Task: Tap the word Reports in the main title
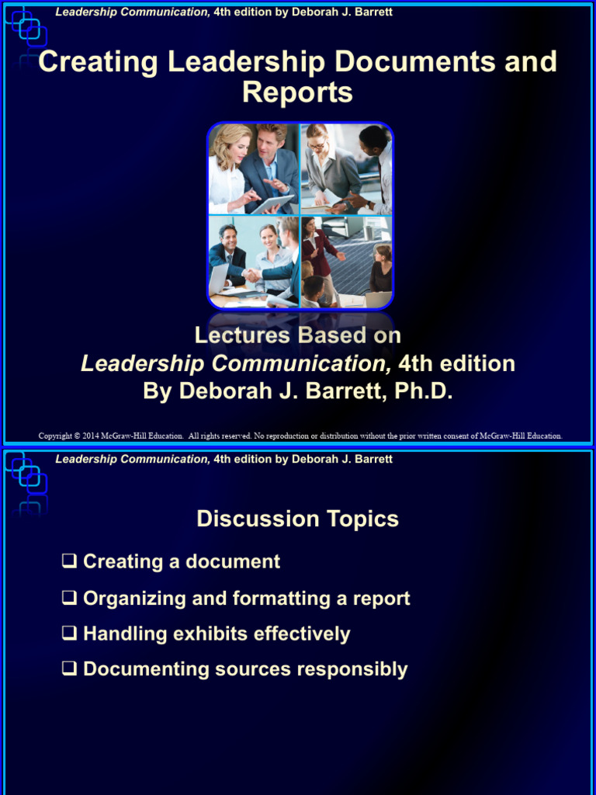[297, 92]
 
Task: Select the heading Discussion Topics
[297, 519]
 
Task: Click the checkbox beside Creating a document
[70, 561]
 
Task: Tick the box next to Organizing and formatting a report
[70, 599]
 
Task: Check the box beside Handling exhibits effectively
[70, 634]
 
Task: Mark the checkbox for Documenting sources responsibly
[70, 670]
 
